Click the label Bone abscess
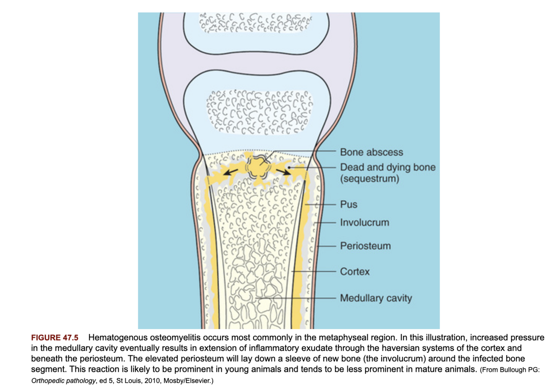[x=371, y=152]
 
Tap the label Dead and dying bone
[x=388, y=167]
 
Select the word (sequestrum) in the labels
[x=370, y=179]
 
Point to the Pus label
[x=349, y=204]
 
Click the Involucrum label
[x=364, y=222]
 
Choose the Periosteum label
[x=365, y=246]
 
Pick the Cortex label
[x=355, y=272]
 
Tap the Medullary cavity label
[x=376, y=298]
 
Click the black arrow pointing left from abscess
[x=231, y=172]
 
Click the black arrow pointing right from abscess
[x=283, y=170]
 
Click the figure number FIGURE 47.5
[x=54, y=337]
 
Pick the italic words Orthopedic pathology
[x=63, y=381]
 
